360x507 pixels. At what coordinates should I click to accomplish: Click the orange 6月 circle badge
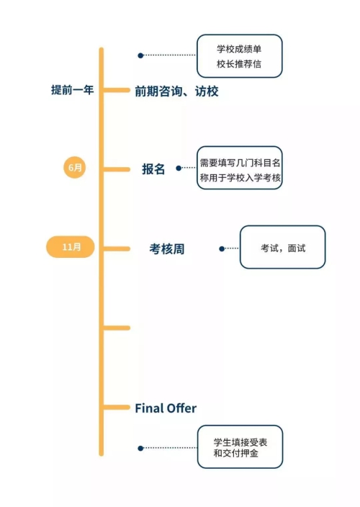tap(74, 167)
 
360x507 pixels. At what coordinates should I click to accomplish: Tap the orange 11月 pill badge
tap(71, 247)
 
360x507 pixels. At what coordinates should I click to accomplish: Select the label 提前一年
tap(73, 89)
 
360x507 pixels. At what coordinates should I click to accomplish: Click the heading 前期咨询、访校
tap(176, 91)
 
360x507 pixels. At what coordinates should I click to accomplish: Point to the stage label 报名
tap(153, 169)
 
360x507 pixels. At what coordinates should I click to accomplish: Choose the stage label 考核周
tap(167, 249)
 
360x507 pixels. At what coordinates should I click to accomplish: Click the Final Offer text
tap(166, 408)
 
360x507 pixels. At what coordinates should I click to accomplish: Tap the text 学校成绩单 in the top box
tap(239, 49)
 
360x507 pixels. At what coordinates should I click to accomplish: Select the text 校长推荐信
tap(239, 63)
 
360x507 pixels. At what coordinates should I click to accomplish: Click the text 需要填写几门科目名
tap(240, 163)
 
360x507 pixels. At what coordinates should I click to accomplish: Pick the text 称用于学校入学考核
tap(240, 177)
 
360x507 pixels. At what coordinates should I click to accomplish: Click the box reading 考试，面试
tap(283, 247)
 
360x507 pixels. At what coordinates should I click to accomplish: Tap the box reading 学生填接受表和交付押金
tap(240, 447)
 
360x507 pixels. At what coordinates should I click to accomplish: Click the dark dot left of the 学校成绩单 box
tap(140, 55)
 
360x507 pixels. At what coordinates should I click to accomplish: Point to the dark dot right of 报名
tap(179, 168)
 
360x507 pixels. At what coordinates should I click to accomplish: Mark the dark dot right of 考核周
tap(222, 248)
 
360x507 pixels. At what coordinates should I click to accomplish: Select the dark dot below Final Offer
tap(140, 448)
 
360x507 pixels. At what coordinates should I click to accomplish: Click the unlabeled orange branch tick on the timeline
tap(117, 328)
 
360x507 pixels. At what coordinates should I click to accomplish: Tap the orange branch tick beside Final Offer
tap(117, 408)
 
